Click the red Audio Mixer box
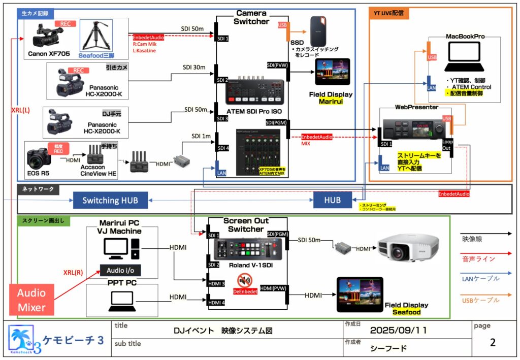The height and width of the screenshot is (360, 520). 31,300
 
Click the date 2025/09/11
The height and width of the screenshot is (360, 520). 399,330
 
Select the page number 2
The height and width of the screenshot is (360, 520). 493,342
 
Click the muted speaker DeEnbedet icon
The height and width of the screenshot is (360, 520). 245,280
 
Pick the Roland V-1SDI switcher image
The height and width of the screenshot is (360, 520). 247,249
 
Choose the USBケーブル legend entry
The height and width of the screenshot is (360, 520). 481,300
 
